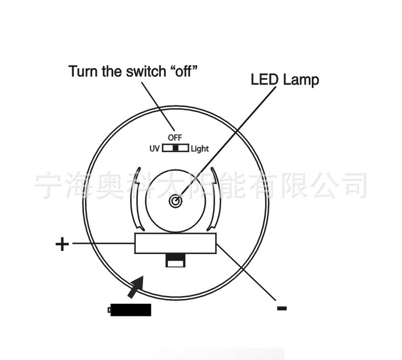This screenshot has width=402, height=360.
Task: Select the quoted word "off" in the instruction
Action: (181, 71)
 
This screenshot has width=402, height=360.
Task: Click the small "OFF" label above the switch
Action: (175, 137)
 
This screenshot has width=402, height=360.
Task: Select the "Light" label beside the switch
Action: (200, 149)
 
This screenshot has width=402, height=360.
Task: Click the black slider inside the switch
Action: (176, 149)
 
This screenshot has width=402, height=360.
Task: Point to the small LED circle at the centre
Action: (175, 201)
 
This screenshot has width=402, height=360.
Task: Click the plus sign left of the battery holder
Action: (62, 244)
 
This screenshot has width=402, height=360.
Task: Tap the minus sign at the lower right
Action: (281, 308)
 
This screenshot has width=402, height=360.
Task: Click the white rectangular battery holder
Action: (176, 243)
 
